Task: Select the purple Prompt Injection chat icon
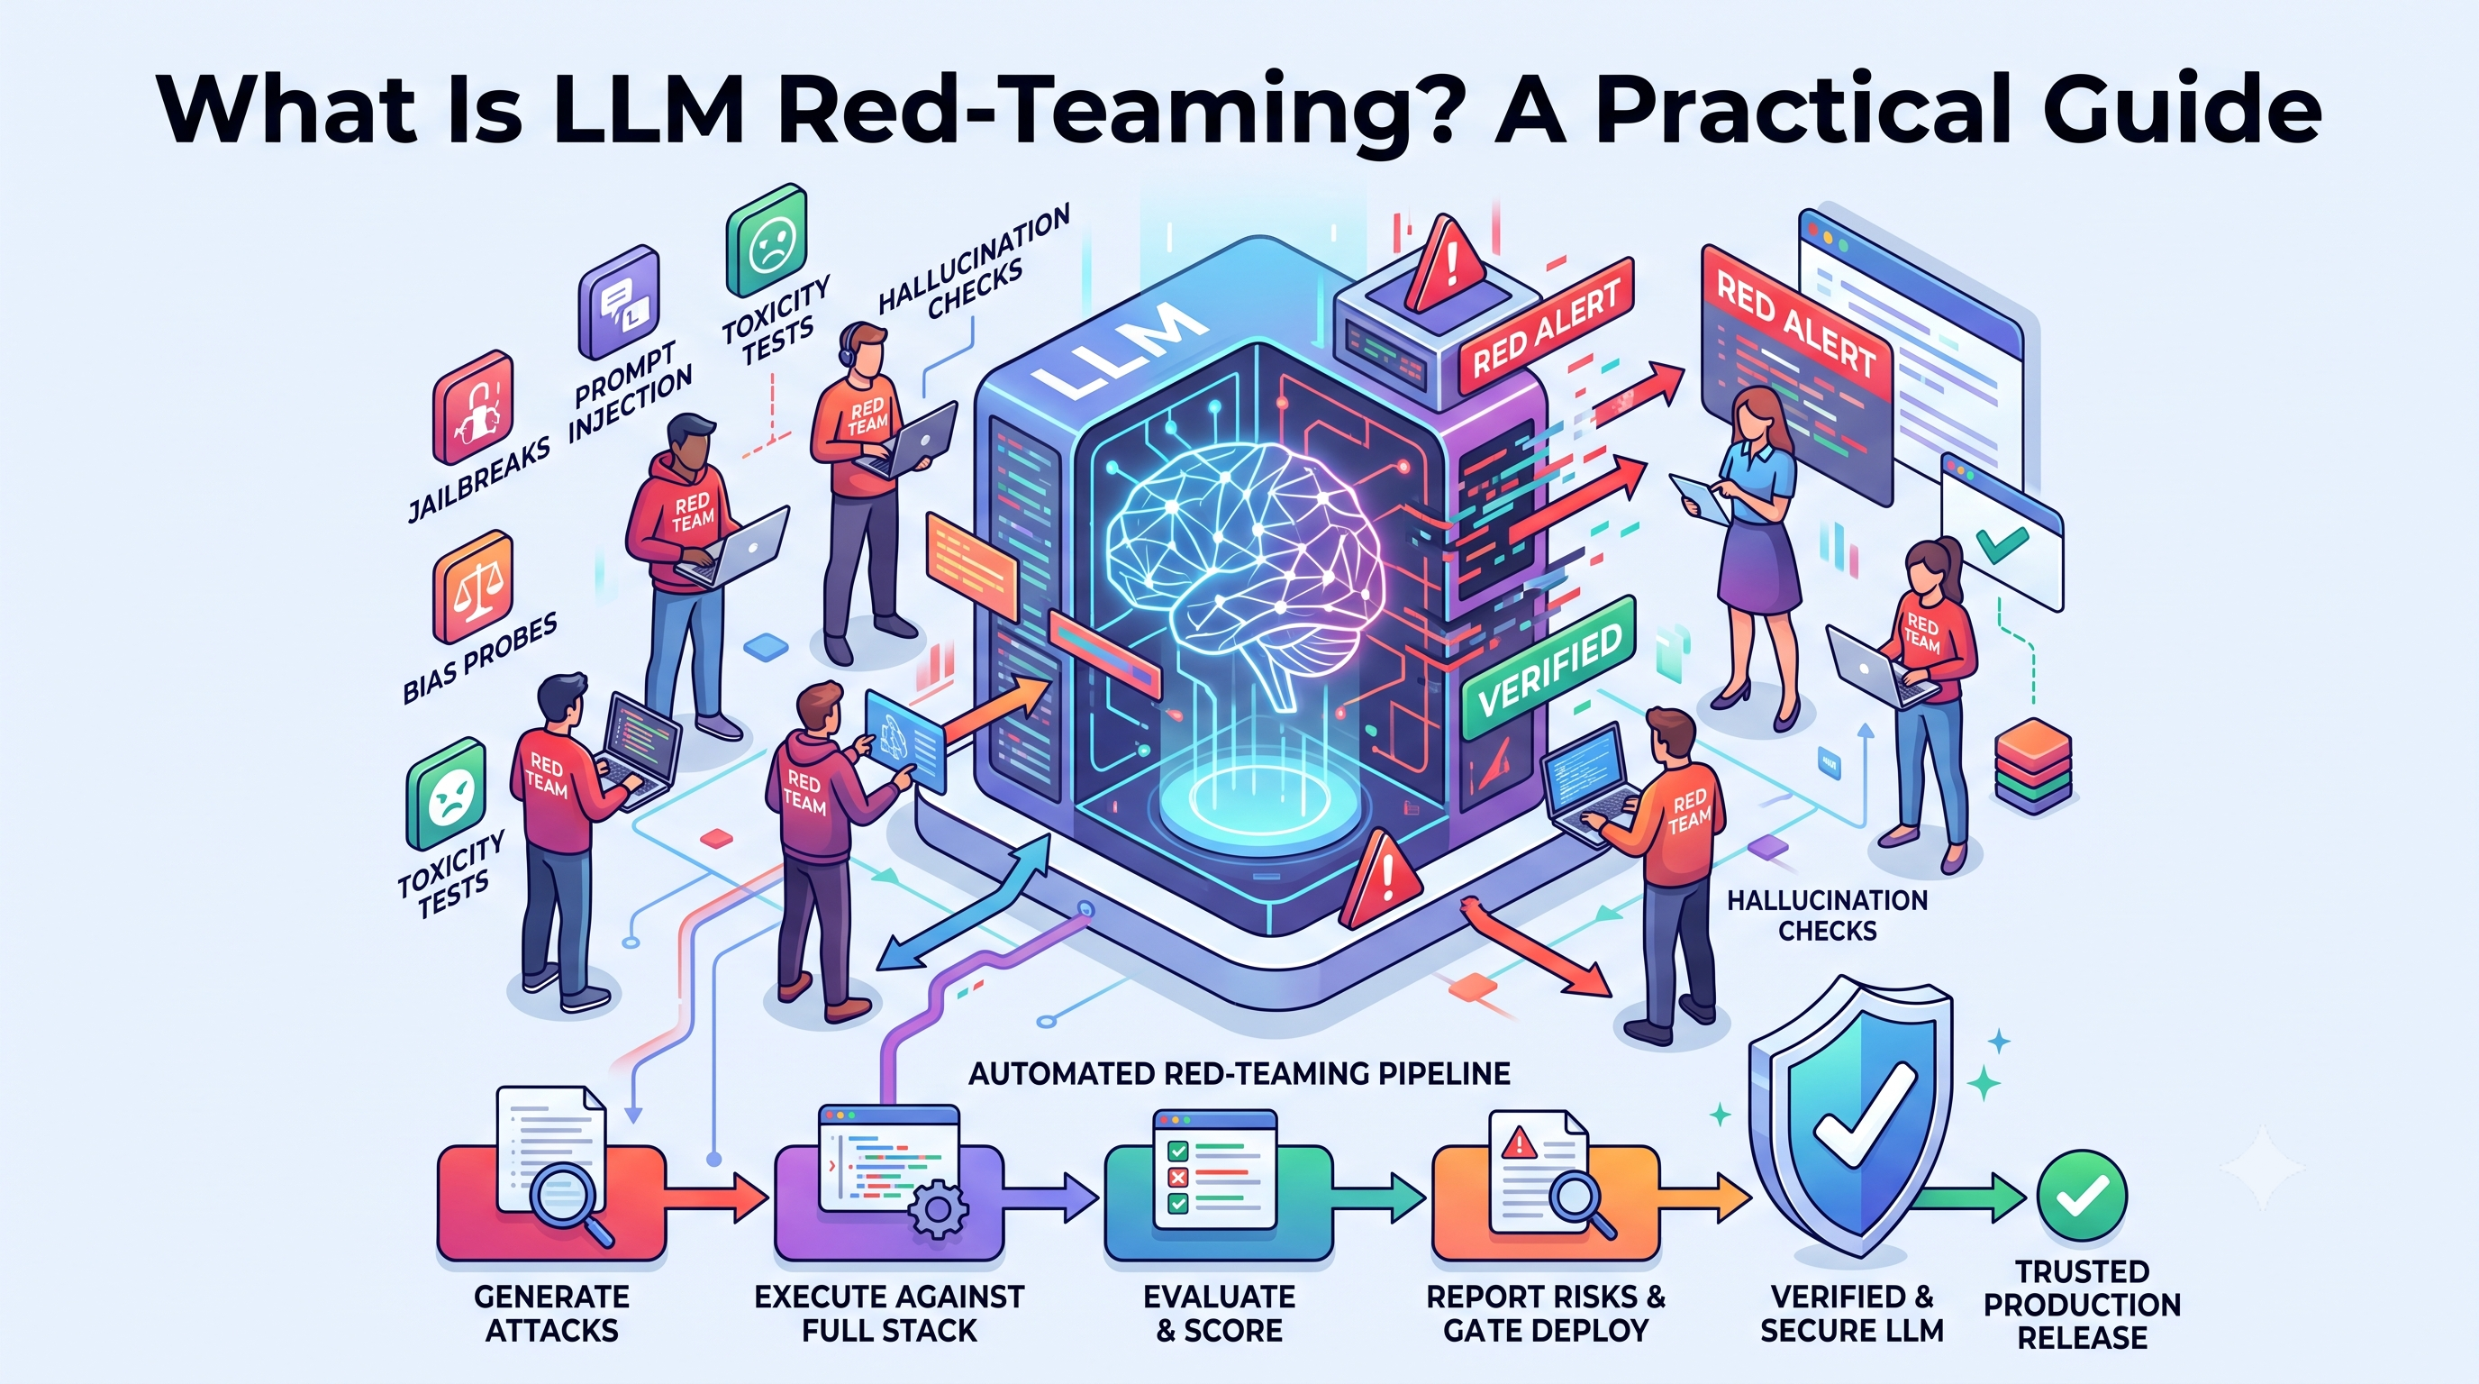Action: (x=619, y=301)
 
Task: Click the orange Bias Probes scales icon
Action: (x=473, y=587)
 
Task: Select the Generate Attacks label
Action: (x=551, y=1313)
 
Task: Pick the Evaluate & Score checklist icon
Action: (x=1215, y=1170)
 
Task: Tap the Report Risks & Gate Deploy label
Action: (x=1546, y=1313)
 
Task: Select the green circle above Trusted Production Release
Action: (x=2082, y=1196)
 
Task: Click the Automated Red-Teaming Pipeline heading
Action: (x=1239, y=1073)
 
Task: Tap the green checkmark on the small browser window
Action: (x=2002, y=544)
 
